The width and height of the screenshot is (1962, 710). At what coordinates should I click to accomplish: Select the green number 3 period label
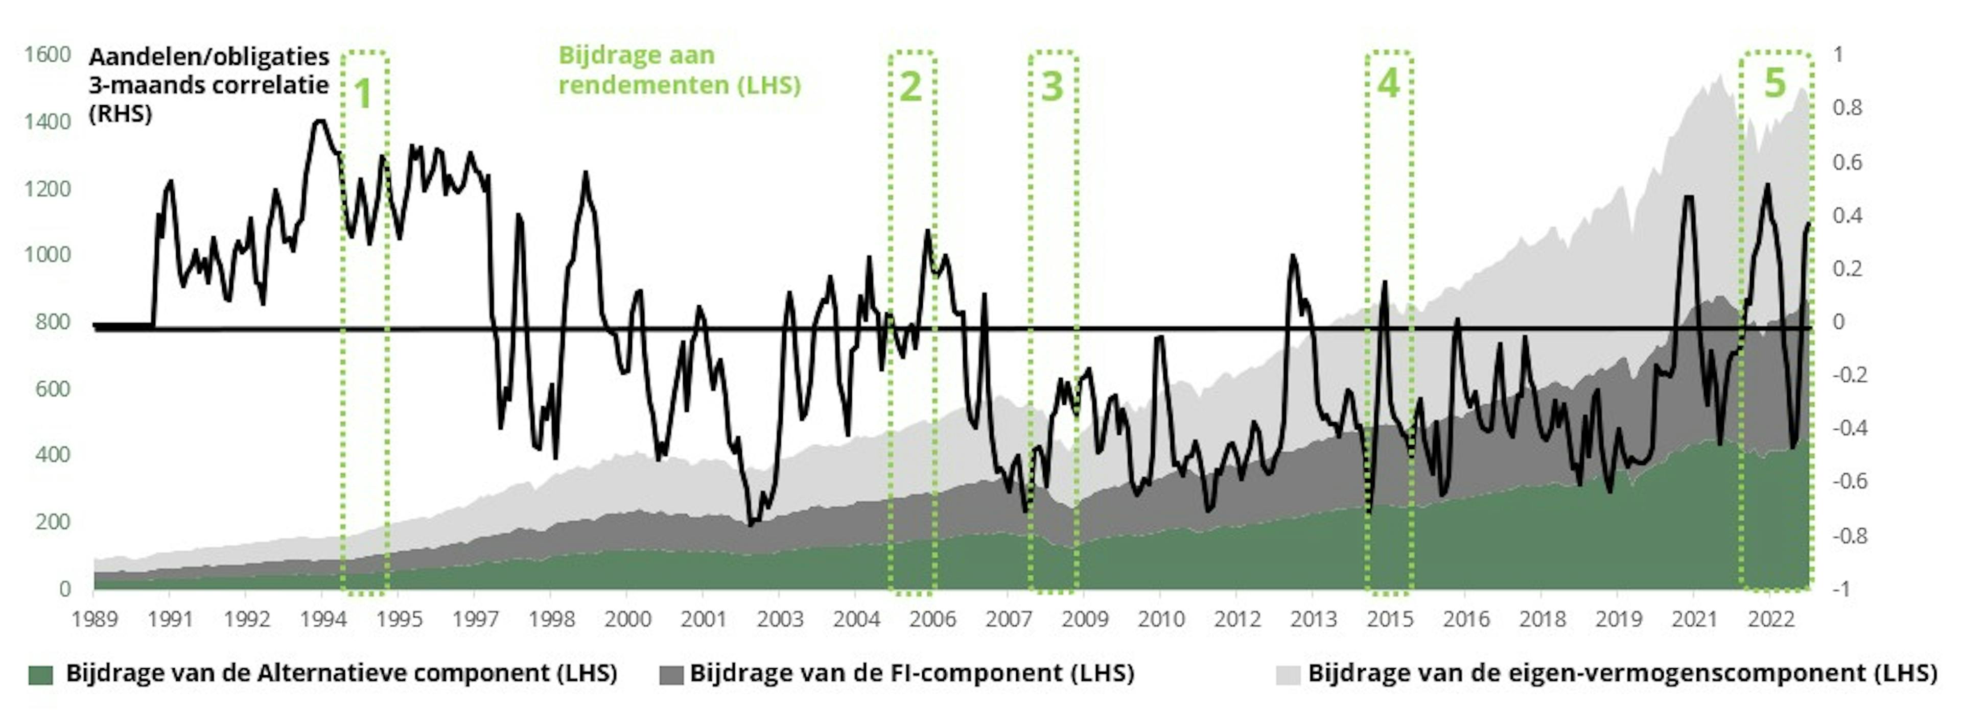point(1052,86)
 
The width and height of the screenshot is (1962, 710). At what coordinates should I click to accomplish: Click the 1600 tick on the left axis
point(47,55)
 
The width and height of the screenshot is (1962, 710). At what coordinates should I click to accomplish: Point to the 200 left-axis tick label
point(53,522)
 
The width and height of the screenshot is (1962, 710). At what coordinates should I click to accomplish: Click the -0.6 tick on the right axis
point(1849,481)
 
